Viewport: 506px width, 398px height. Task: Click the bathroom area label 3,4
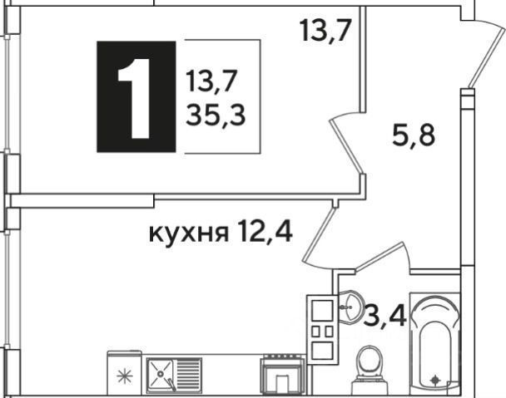[x=384, y=316]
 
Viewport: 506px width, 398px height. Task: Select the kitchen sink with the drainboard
[x=173, y=373]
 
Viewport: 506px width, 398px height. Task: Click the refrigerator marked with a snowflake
[x=125, y=374]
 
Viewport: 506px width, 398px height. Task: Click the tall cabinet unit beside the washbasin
[x=322, y=328]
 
